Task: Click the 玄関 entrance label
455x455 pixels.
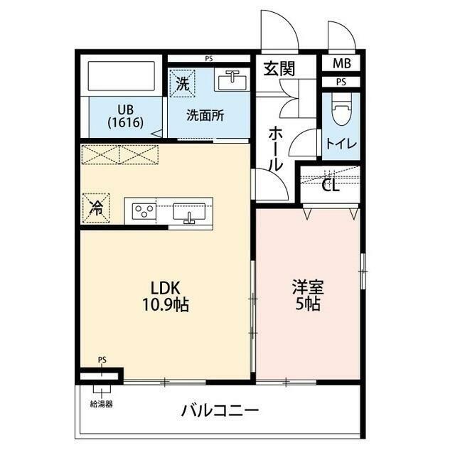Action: [x=279, y=69]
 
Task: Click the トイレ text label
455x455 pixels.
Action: [x=341, y=142]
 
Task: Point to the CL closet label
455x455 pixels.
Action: [x=330, y=187]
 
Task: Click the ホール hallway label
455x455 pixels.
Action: [x=276, y=148]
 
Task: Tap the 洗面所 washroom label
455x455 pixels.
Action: [x=205, y=114]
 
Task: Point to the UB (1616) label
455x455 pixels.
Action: [x=126, y=115]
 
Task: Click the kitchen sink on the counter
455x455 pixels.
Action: [x=190, y=212]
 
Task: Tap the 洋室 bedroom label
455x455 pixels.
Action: [x=308, y=287]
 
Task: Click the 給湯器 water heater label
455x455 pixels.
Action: [x=102, y=404]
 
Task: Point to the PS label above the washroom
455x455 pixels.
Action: [x=208, y=58]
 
